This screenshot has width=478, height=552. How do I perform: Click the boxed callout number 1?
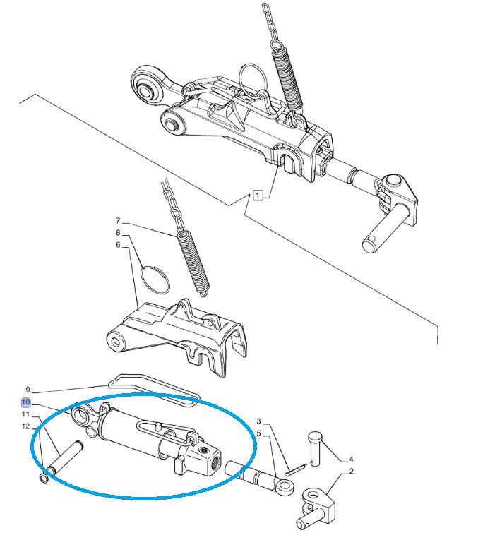click(x=258, y=195)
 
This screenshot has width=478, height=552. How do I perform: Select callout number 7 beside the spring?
click(x=119, y=221)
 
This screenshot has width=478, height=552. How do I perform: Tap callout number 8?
click(x=119, y=233)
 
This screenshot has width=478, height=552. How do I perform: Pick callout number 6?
click(x=119, y=245)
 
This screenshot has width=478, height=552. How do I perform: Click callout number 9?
click(x=28, y=390)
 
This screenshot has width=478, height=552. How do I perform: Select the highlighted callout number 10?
click(x=26, y=402)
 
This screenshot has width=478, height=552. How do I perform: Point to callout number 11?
click(x=25, y=414)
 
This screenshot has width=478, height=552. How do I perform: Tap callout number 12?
click(x=25, y=426)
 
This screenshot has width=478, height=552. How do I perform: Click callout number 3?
click(x=259, y=421)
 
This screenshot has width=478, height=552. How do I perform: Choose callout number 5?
click(x=259, y=433)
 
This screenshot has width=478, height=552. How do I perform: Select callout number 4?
click(x=351, y=459)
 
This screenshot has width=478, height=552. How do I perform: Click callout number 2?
click(x=351, y=471)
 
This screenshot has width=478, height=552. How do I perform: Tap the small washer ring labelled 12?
click(x=43, y=478)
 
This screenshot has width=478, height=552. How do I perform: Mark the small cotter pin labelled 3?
click(x=295, y=470)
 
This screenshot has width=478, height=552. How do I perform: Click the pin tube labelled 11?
click(x=65, y=457)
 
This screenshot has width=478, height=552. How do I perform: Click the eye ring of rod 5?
click(x=286, y=486)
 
